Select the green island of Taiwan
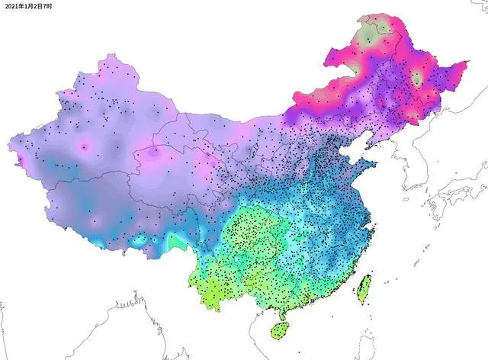(363, 287)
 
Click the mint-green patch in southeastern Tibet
(177, 243)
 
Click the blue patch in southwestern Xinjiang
(53, 164)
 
